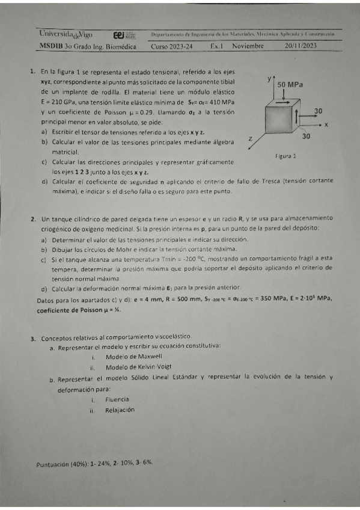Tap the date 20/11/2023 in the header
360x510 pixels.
point(301,46)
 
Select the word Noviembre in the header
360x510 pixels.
point(248,46)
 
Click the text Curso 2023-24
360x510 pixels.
point(171,46)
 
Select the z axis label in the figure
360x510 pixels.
point(249,139)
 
